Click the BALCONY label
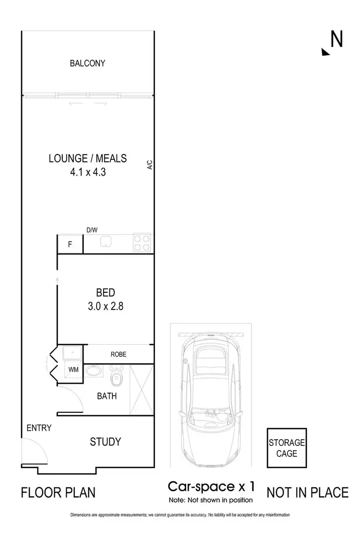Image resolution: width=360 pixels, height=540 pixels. point(87,63)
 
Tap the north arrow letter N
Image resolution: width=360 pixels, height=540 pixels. point(336,39)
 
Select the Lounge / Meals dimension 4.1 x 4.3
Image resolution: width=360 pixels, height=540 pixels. point(87,172)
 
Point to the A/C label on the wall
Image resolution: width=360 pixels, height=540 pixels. point(149,165)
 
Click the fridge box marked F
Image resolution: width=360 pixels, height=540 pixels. point(70,244)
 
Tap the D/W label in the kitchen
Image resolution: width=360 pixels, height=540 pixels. point(91,230)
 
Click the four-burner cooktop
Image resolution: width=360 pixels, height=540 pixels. point(142,243)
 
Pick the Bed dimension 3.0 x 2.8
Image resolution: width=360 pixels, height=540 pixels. point(105,306)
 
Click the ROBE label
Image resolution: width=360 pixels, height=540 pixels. point(118,354)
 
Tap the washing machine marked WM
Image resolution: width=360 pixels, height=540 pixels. point(73,370)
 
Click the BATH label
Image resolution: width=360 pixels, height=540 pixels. point(107,396)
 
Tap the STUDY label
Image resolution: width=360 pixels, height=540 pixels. point(105,442)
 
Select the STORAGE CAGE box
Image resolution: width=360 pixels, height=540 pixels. point(287,448)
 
